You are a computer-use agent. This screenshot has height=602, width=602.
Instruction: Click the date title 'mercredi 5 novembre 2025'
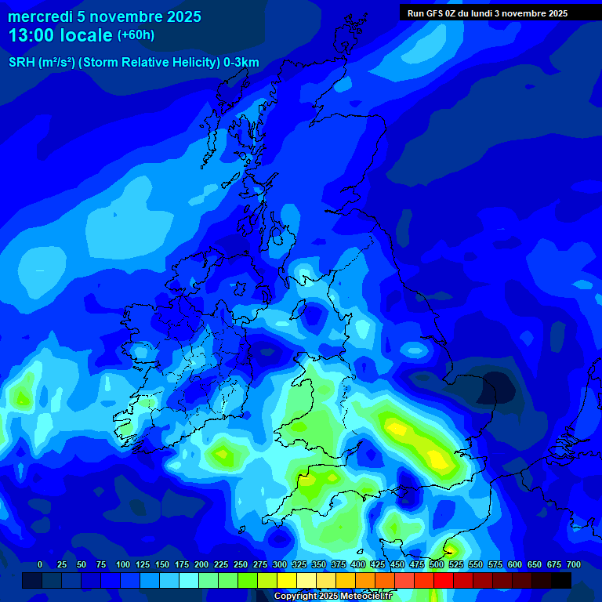104,16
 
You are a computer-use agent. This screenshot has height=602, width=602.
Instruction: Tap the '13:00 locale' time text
60,35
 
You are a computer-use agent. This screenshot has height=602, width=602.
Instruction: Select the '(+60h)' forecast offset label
136,35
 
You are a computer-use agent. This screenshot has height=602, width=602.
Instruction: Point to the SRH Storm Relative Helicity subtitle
134,63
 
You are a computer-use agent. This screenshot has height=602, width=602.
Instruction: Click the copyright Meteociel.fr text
332,596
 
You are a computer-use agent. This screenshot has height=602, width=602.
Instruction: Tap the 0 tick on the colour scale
40,564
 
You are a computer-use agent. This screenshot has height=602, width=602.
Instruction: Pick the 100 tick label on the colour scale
122,564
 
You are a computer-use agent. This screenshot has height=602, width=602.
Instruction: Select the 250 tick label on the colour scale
240,564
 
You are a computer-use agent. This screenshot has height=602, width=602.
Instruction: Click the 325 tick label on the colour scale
299,564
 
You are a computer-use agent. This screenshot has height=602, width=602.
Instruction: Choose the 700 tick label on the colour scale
573,564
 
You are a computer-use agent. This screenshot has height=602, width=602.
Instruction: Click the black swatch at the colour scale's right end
561,580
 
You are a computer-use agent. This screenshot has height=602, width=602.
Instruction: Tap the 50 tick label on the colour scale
82,564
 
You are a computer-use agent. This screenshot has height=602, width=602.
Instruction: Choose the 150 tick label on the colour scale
161,564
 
